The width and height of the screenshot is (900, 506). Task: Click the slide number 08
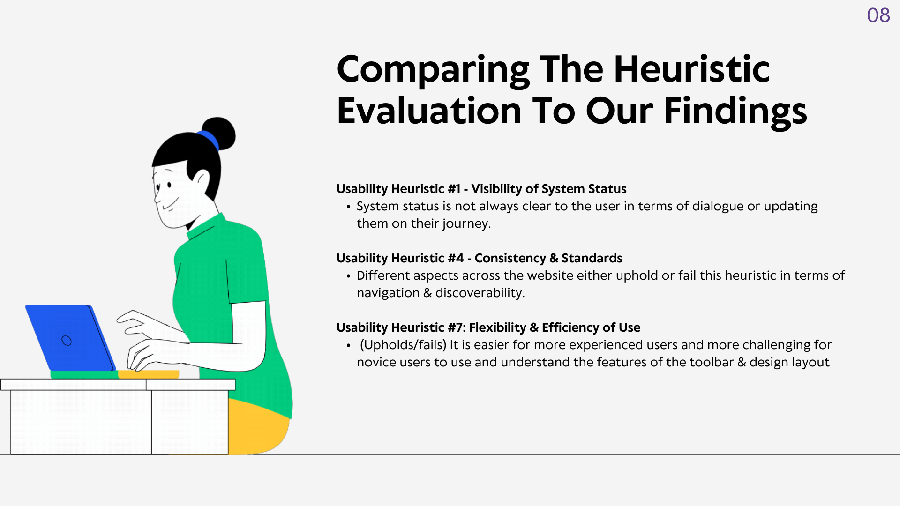tap(878, 15)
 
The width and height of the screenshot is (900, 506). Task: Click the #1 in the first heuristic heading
tap(454, 189)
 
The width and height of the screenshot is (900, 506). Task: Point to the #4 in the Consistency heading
tap(456, 258)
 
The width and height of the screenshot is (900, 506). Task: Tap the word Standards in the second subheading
tap(592, 258)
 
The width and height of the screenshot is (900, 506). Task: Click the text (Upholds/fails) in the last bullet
tap(403, 345)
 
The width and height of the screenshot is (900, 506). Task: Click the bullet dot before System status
tap(348, 207)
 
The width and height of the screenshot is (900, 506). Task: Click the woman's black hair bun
tap(219, 133)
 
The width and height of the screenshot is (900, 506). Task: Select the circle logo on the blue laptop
tap(67, 341)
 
